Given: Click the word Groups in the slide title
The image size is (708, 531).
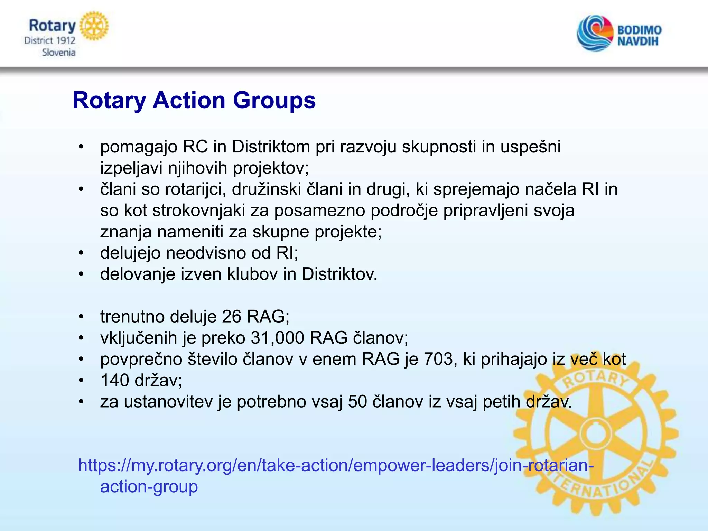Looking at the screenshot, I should [x=274, y=101].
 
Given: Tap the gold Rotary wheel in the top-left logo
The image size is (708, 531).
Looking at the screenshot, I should [x=94, y=26].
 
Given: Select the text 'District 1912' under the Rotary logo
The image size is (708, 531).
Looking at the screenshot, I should [x=50, y=41].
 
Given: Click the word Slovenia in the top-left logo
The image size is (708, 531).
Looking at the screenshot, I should [x=58, y=53].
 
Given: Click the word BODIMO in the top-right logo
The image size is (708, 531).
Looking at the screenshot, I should [x=639, y=30].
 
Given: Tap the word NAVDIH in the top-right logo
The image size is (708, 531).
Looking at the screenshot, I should [x=638, y=41].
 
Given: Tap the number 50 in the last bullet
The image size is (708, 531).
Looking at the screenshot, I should [x=357, y=402].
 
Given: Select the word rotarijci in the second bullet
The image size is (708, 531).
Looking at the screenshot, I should [x=196, y=189].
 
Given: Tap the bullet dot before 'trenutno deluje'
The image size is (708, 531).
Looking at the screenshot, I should [x=81, y=317].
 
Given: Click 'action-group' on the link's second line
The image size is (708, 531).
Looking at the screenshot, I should [x=149, y=487].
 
